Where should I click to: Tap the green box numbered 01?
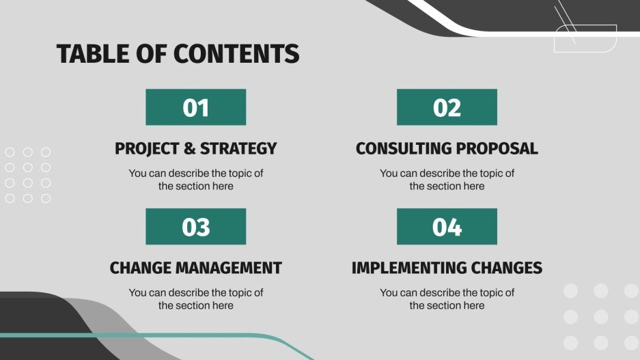tap(195, 107)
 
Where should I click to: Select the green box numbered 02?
tap(447, 107)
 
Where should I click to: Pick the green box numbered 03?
tap(195, 227)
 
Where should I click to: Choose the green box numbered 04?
tap(447, 227)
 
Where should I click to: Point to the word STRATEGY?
tap(240, 148)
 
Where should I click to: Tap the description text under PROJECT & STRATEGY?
tap(196, 180)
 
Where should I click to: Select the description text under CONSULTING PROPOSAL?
tap(447, 180)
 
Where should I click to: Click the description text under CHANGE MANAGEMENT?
tap(196, 299)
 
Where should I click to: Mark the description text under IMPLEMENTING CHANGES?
tap(447, 299)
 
